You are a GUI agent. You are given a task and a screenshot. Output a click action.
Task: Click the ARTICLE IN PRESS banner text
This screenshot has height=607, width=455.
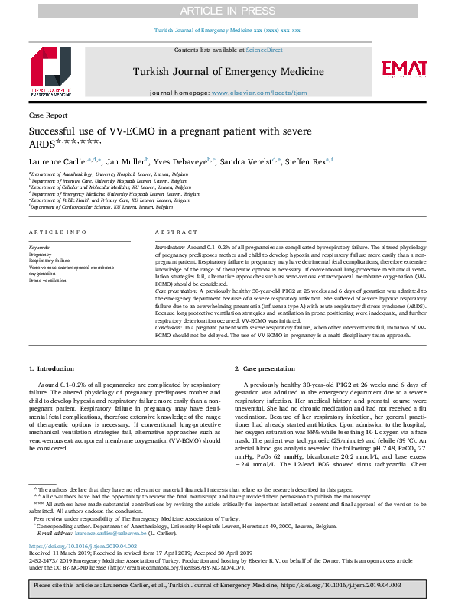[x=227, y=10]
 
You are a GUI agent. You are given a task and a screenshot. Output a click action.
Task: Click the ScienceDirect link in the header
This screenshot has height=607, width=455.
[x=264, y=50]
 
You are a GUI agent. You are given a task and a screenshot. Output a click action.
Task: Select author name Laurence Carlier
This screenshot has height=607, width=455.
[x=57, y=161]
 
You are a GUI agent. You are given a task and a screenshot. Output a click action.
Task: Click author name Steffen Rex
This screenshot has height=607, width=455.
[x=305, y=161]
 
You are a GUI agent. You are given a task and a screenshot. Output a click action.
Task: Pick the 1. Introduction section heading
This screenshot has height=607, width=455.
[x=52, y=368]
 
